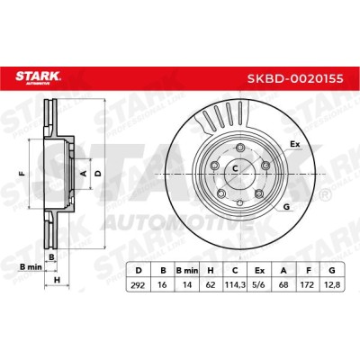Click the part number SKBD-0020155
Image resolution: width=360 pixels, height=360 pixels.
pos(295,78)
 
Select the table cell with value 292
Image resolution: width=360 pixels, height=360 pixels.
pos(138,284)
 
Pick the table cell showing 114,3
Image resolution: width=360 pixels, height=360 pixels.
pos(235,284)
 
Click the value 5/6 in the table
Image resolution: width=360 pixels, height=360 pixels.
pos(259,284)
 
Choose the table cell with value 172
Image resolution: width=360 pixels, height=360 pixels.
pos(308,284)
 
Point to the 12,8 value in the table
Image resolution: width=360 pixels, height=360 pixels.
pos(332,284)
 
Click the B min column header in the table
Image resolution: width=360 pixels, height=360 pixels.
pos(187,271)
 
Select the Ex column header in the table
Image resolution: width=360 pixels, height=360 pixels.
pos(259,271)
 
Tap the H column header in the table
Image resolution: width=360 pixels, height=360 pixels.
pos(211,271)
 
